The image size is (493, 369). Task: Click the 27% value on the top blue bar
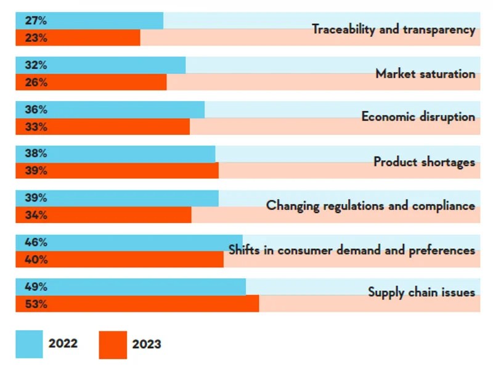tap(36, 20)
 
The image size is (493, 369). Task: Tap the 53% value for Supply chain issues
tap(36, 304)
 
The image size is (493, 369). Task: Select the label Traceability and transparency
tap(393, 29)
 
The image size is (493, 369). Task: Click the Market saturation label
tap(425, 73)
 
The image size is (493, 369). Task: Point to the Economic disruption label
tap(418, 116)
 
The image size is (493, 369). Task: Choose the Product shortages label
tap(424, 162)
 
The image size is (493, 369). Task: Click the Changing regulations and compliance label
tap(370, 206)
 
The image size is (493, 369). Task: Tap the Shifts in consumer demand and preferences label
tap(351, 250)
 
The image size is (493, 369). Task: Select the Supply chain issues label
tap(422, 292)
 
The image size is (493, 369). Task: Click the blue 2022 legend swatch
tap(29, 344)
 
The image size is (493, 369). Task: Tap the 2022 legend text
tap(63, 343)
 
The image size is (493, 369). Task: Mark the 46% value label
tap(36, 242)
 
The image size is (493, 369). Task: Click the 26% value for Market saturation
tap(36, 82)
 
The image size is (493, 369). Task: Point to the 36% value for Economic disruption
tap(36, 110)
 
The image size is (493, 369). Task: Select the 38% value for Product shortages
tap(36, 153)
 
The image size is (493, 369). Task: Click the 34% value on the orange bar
tap(36, 215)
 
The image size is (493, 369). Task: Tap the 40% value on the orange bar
tap(36, 259)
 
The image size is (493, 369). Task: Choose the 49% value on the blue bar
tap(36, 286)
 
